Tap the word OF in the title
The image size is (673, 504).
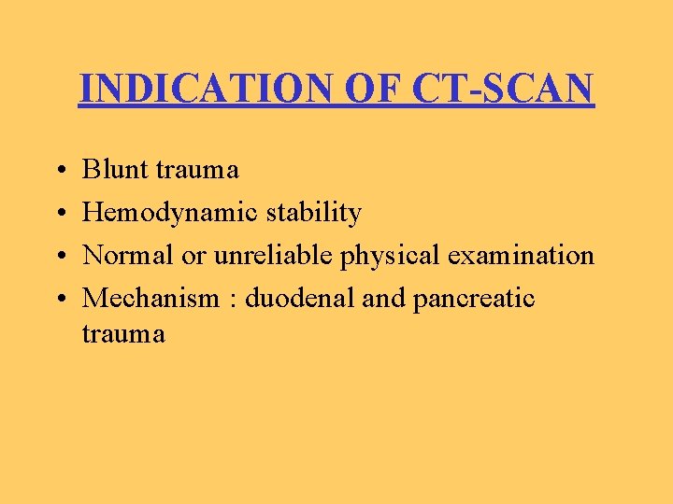tap(359, 90)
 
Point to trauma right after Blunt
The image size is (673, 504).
tap(197, 170)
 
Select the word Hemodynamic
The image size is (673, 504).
tap(171, 213)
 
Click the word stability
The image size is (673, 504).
tap(314, 213)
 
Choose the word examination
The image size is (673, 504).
tap(520, 255)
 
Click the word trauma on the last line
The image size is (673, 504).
tap(123, 333)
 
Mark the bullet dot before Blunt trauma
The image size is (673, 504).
tap(59, 171)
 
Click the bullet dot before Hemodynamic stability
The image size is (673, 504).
tap(59, 214)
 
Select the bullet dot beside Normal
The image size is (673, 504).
tap(59, 256)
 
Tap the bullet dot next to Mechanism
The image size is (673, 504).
tap(59, 299)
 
